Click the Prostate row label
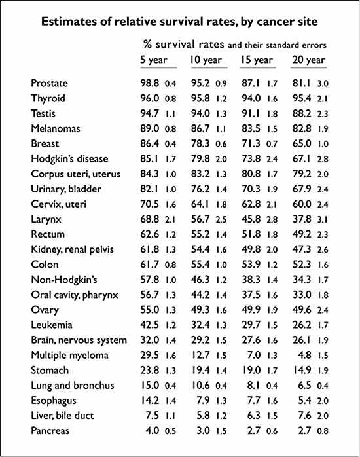pyautogui.click(x=49, y=84)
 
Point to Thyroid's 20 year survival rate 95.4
pyautogui.click(x=303, y=99)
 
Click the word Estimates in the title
pyautogui.click(x=69, y=22)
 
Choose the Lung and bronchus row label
pyautogui.click(x=71, y=386)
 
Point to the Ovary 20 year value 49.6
pyautogui.click(x=303, y=310)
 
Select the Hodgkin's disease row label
pyautogui.click(x=69, y=159)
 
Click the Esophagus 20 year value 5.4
pyautogui.click(x=306, y=401)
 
